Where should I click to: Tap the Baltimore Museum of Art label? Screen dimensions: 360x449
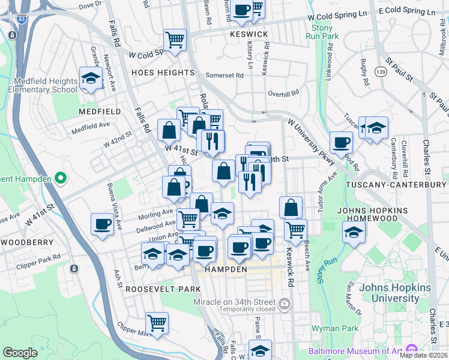(357, 350)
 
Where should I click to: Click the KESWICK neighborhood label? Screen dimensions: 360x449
(249, 34)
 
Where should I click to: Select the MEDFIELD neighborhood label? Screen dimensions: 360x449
(99, 112)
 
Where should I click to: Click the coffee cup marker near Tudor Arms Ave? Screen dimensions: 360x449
(341, 143)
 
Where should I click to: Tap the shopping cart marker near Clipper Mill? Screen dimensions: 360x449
(157, 323)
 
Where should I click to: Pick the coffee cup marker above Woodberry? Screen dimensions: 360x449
(102, 224)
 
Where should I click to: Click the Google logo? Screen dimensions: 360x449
(20, 353)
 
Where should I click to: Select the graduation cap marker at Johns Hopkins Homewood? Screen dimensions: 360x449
(354, 232)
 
